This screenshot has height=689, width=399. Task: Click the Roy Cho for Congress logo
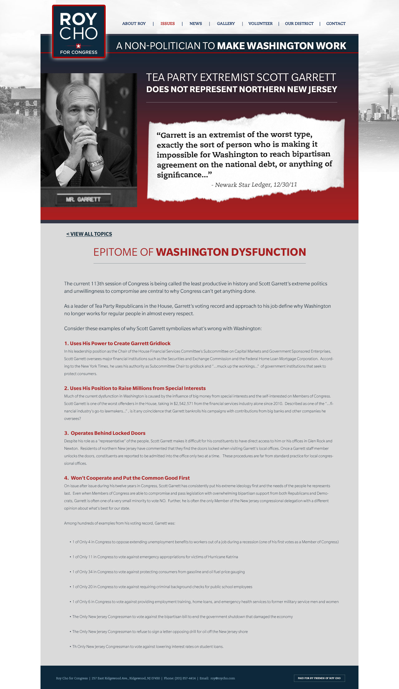pyautogui.click(x=79, y=32)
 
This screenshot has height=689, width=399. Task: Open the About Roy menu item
pyautogui.click(x=134, y=24)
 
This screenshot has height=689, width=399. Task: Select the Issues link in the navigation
pyautogui.click(x=167, y=24)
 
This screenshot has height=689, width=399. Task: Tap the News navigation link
pyautogui.click(x=196, y=24)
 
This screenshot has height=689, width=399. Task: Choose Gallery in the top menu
pyautogui.click(x=226, y=24)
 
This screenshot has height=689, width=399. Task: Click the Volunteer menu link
pyautogui.click(x=260, y=24)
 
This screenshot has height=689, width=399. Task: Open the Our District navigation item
pyautogui.click(x=299, y=24)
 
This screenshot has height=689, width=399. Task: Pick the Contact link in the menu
pyautogui.click(x=336, y=24)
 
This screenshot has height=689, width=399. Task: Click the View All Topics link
pyautogui.click(x=89, y=234)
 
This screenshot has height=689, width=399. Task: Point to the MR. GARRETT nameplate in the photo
pyautogui.click(x=83, y=199)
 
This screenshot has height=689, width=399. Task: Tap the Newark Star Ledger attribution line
pyautogui.click(x=254, y=185)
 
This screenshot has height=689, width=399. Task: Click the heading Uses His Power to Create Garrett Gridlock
pyautogui.click(x=117, y=343)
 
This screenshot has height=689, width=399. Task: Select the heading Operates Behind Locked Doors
pyautogui.click(x=105, y=433)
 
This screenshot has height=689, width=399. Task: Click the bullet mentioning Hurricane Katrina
pyautogui.click(x=155, y=557)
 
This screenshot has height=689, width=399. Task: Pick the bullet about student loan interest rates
pyautogui.click(x=148, y=646)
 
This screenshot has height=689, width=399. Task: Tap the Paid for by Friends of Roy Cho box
pyautogui.click(x=319, y=678)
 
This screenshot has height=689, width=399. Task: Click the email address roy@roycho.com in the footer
pyautogui.click(x=223, y=678)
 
